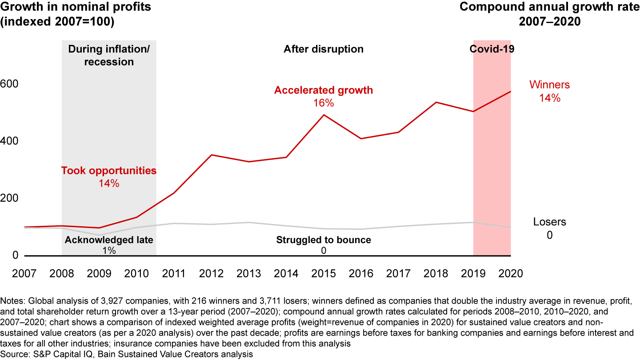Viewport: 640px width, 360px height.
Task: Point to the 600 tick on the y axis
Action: [8, 84]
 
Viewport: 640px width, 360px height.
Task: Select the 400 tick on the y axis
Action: [8, 141]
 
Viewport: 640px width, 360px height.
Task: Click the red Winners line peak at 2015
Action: [324, 115]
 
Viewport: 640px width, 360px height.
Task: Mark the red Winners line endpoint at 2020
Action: [511, 92]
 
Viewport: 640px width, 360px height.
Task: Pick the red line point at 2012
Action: [212, 155]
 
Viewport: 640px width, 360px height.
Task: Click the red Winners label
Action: [549, 85]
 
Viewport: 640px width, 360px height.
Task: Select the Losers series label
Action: [549, 222]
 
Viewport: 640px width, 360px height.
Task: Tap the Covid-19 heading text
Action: [492, 49]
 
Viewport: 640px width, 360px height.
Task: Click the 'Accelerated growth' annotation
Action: [324, 90]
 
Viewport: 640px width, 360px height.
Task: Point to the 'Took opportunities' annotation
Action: [109, 170]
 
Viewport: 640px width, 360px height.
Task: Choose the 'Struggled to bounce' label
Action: [324, 240]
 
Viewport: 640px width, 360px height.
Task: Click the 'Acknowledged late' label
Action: [109, 240]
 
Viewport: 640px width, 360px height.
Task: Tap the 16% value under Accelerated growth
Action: [324, 103]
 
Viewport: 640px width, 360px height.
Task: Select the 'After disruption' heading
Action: [324, 49]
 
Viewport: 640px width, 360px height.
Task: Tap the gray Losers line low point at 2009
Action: [100, 235]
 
